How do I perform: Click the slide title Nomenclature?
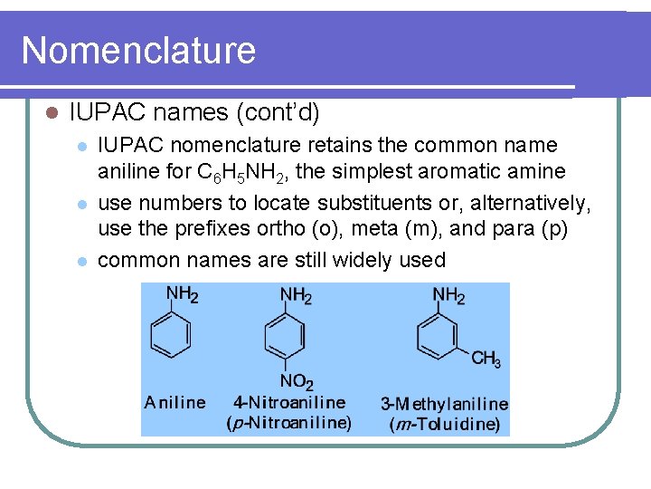coord(138,50)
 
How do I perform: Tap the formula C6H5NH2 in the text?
coord(241,171)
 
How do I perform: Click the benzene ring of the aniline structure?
coord(170,336)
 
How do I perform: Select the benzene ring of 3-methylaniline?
coord(438,337)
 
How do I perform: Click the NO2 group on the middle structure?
coord(297,383)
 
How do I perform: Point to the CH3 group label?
coord(486,360)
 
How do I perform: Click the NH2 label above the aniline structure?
coord(183,294)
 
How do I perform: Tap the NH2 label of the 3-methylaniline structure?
coord(448,295)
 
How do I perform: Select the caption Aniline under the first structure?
coord(175,403)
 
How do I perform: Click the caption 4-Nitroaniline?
coord(289,403)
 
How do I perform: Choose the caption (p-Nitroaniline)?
coord(288,422)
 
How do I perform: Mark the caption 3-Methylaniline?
coord(444,404)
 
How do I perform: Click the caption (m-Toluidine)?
coord(444,423)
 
